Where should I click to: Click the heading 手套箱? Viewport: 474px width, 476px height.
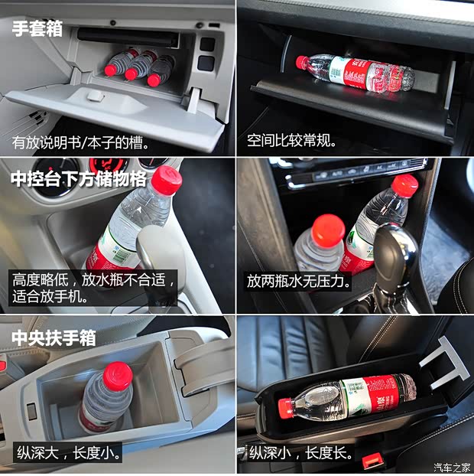[37, 29]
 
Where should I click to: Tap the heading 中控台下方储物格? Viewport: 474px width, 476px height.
[78, 179]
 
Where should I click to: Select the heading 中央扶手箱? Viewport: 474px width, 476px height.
[54, 337]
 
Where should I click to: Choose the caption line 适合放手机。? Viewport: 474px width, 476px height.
[50, 295]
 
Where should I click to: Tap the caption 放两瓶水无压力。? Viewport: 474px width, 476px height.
[299, 281]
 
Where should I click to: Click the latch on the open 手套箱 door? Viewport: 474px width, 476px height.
[95, 96]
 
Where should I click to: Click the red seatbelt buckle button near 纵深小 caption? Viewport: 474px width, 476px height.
[372, 460]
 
